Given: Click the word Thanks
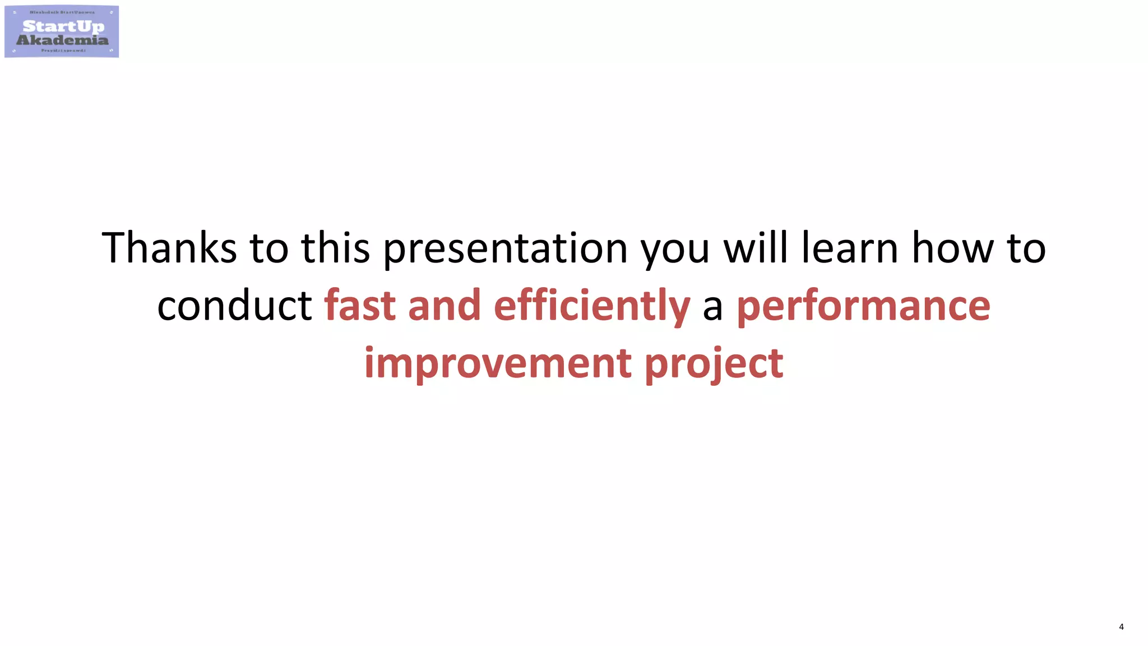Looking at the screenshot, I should tap(169, 248).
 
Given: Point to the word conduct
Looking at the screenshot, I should tap(234, 306).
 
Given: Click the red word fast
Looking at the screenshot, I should tap(360, 306).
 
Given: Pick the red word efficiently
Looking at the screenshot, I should tap(591, 307).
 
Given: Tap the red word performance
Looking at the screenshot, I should tap(863, 307).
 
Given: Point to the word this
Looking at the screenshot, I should tap(335, 248).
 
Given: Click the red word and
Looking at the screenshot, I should tap(444, 306).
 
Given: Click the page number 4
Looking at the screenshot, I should tap(1121, 627).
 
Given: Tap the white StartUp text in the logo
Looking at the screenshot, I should tap(63, 26).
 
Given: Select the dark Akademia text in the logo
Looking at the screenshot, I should tap(62, 40).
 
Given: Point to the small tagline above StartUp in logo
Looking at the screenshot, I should tap(62, 12).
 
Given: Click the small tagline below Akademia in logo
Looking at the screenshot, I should tap(63, 50).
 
